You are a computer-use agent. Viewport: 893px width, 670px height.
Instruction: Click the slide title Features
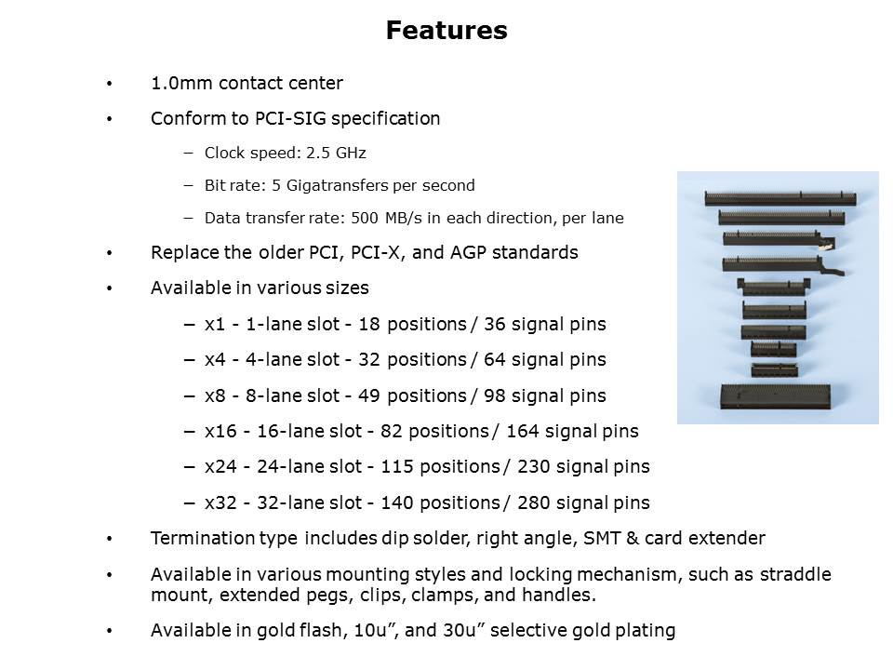[x=446, y=30]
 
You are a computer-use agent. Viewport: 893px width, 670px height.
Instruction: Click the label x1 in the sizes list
[x=215, y=324]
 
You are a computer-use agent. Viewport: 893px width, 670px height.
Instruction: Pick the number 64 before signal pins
[x=494, y=359]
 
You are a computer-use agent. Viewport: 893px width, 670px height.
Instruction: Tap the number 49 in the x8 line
[x=368, y=395]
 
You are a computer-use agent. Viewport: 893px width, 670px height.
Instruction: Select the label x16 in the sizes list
[x=220, y=431]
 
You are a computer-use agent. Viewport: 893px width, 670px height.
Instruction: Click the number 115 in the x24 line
[x=396, y=466]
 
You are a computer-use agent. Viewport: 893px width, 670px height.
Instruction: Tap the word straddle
[x=795, y=574]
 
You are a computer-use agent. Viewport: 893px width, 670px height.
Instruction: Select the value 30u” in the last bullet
[x=463, y=630]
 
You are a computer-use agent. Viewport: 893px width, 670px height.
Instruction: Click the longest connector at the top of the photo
[x=780, y=199]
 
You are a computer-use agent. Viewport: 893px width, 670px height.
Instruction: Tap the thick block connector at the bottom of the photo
[x=775, y=396]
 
